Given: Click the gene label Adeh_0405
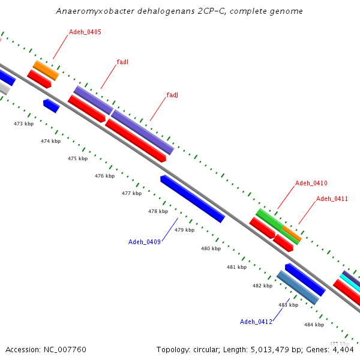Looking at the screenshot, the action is (x=85, y=32).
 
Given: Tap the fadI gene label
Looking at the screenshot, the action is (x=122, y=62).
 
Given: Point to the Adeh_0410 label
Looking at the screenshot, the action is (x=311, y=183).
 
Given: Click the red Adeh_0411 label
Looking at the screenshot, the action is (x=332, y=199).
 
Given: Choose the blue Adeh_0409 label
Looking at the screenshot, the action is (x=144, y=242).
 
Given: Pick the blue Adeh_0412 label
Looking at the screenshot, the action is (x=256, y=322).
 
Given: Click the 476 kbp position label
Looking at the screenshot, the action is (x=104, y=176).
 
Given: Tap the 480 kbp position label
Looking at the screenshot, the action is (x=211, y=248).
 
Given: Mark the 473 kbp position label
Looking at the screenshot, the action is (x=23, y=124).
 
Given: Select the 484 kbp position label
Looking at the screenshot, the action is (x=314, y=325).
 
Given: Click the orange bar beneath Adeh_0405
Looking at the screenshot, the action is (x=46, y=70).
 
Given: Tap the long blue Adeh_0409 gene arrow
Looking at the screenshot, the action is (x=192, y=199).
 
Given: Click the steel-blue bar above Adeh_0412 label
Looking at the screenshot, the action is (x=298, y=287).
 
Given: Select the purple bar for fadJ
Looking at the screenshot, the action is (x=142, y=131).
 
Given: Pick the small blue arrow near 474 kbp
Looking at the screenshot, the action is (x=51, y=106).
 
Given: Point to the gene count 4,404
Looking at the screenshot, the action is (x=343, y=349).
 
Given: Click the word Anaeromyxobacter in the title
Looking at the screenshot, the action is (x=89, y=11).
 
